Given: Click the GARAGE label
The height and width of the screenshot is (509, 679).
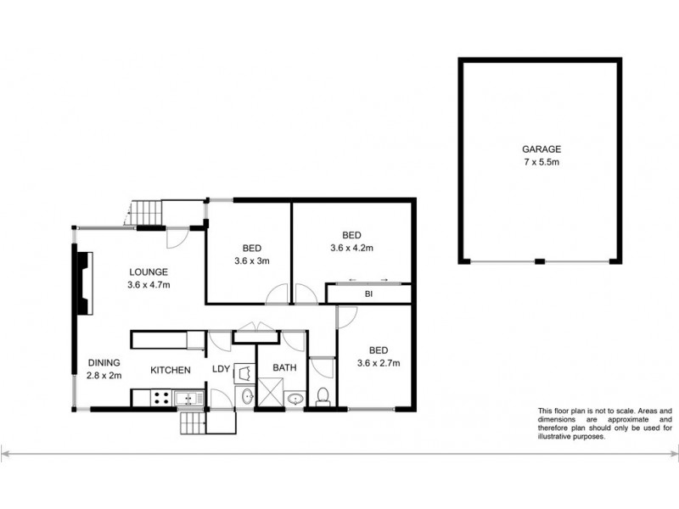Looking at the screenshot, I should (541, 149).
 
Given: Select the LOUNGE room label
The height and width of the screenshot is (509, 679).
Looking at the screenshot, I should (149, 271).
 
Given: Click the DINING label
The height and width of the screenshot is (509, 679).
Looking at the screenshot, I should (104, 363).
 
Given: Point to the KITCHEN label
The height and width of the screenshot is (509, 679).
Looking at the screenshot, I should (171, 370).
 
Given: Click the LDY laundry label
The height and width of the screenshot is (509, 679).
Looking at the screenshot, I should (221, 368).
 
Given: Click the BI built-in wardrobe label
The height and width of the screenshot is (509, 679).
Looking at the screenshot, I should (369, 294).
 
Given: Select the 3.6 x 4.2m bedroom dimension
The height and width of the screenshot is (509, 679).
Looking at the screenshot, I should (352, 249).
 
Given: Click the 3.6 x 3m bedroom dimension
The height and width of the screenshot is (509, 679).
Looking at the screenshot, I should (252, 260).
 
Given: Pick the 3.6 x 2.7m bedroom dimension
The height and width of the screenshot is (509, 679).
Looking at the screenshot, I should (378, 363).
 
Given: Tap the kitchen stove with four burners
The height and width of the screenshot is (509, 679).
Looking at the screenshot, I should (160, 396).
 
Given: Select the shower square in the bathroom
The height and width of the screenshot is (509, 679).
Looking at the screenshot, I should (270, 394).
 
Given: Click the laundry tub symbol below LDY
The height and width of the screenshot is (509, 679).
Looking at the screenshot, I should (244, 396).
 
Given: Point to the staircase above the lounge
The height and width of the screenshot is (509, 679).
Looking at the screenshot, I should (146, 212).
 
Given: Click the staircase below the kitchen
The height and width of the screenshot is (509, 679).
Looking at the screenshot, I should (193, 422).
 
